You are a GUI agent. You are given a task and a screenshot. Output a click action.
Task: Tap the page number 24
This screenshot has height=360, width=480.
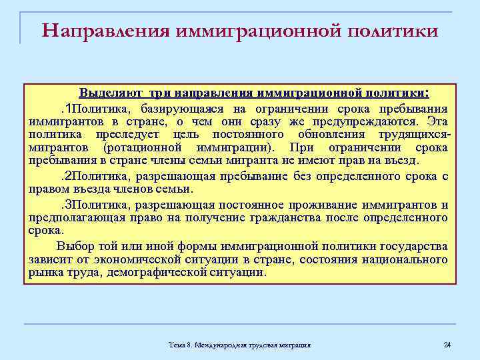[447, 344]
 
